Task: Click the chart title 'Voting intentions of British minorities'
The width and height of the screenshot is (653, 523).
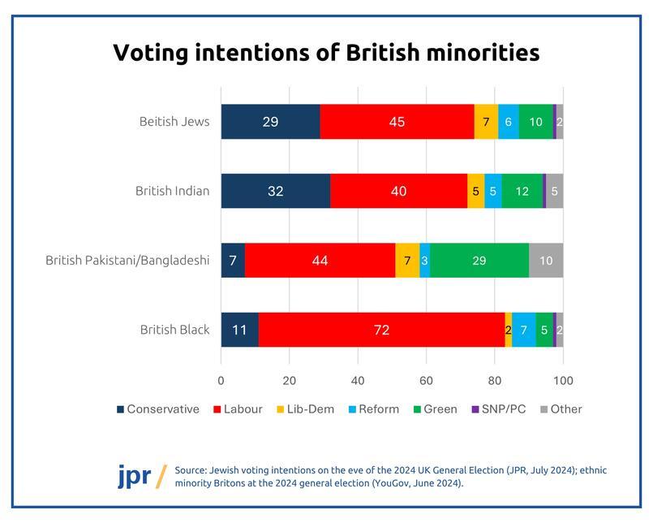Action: [x=326, y=53]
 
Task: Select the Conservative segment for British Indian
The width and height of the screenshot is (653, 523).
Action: [x=275, y=192]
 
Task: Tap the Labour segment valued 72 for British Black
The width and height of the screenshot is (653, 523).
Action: [x=381, y=330]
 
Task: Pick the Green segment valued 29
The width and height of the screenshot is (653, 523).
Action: [x=479, y=261]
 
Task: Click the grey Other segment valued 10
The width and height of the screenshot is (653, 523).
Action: [x=546, y=261]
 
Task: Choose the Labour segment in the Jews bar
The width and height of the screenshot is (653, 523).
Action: [x=397, y=122]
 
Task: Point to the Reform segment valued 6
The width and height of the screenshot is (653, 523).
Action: [x=509, y=122]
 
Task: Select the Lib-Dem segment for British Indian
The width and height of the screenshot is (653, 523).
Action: [x=475, y=192]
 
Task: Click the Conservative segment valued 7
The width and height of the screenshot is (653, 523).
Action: [x=233, y=261]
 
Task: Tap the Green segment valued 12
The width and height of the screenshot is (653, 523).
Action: [x=522, y=192]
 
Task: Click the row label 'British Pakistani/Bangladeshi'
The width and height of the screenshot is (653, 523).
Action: [x=127, y=261]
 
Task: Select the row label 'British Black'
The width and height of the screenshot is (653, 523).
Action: [x=174, y=330]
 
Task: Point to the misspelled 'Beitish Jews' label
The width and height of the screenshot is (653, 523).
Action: [x=174, y=122]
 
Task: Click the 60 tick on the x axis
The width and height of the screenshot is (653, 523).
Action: [x=426, y=380]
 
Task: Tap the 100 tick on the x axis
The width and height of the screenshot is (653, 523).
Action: [x=563, y=380]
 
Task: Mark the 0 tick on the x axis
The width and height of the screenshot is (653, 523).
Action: [x=221, y=380]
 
